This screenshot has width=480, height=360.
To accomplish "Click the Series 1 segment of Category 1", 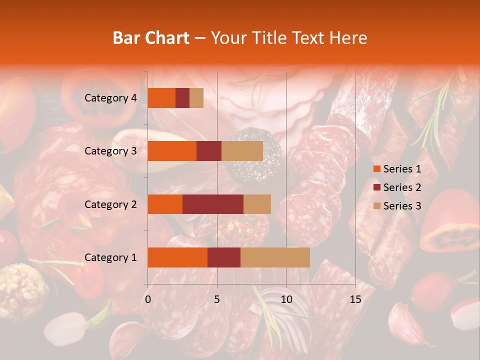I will point(177,257).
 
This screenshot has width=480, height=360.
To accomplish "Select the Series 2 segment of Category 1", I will point(224,257).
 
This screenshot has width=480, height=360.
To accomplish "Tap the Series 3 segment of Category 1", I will point(275,257).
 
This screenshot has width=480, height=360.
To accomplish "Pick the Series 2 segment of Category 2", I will point(213,204).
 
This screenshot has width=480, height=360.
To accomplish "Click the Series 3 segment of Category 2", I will point(257,204).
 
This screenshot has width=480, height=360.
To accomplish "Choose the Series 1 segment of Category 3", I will point(172,151).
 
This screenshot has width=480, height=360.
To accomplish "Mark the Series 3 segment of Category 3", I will point(242,151).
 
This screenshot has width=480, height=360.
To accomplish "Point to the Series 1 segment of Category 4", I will point(161,98).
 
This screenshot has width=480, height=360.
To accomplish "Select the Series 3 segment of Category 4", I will point(196,98).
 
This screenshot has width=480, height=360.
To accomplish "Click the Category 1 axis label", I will point(110,257).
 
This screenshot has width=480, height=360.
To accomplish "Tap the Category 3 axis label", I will point(110,151).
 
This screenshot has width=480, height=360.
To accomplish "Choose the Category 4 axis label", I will point(110,98).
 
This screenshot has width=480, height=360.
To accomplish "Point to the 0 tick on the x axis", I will point(148,299).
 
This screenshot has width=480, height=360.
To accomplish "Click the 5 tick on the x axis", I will point(217,299).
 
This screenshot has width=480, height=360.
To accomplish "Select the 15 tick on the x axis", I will point(355,299).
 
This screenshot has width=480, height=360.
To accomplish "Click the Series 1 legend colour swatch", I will point(377,169).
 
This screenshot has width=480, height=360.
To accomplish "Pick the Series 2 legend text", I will point(402,187).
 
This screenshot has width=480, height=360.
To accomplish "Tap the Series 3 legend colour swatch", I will point(377,206).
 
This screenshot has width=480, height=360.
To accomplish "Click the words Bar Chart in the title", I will point(151,38).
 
